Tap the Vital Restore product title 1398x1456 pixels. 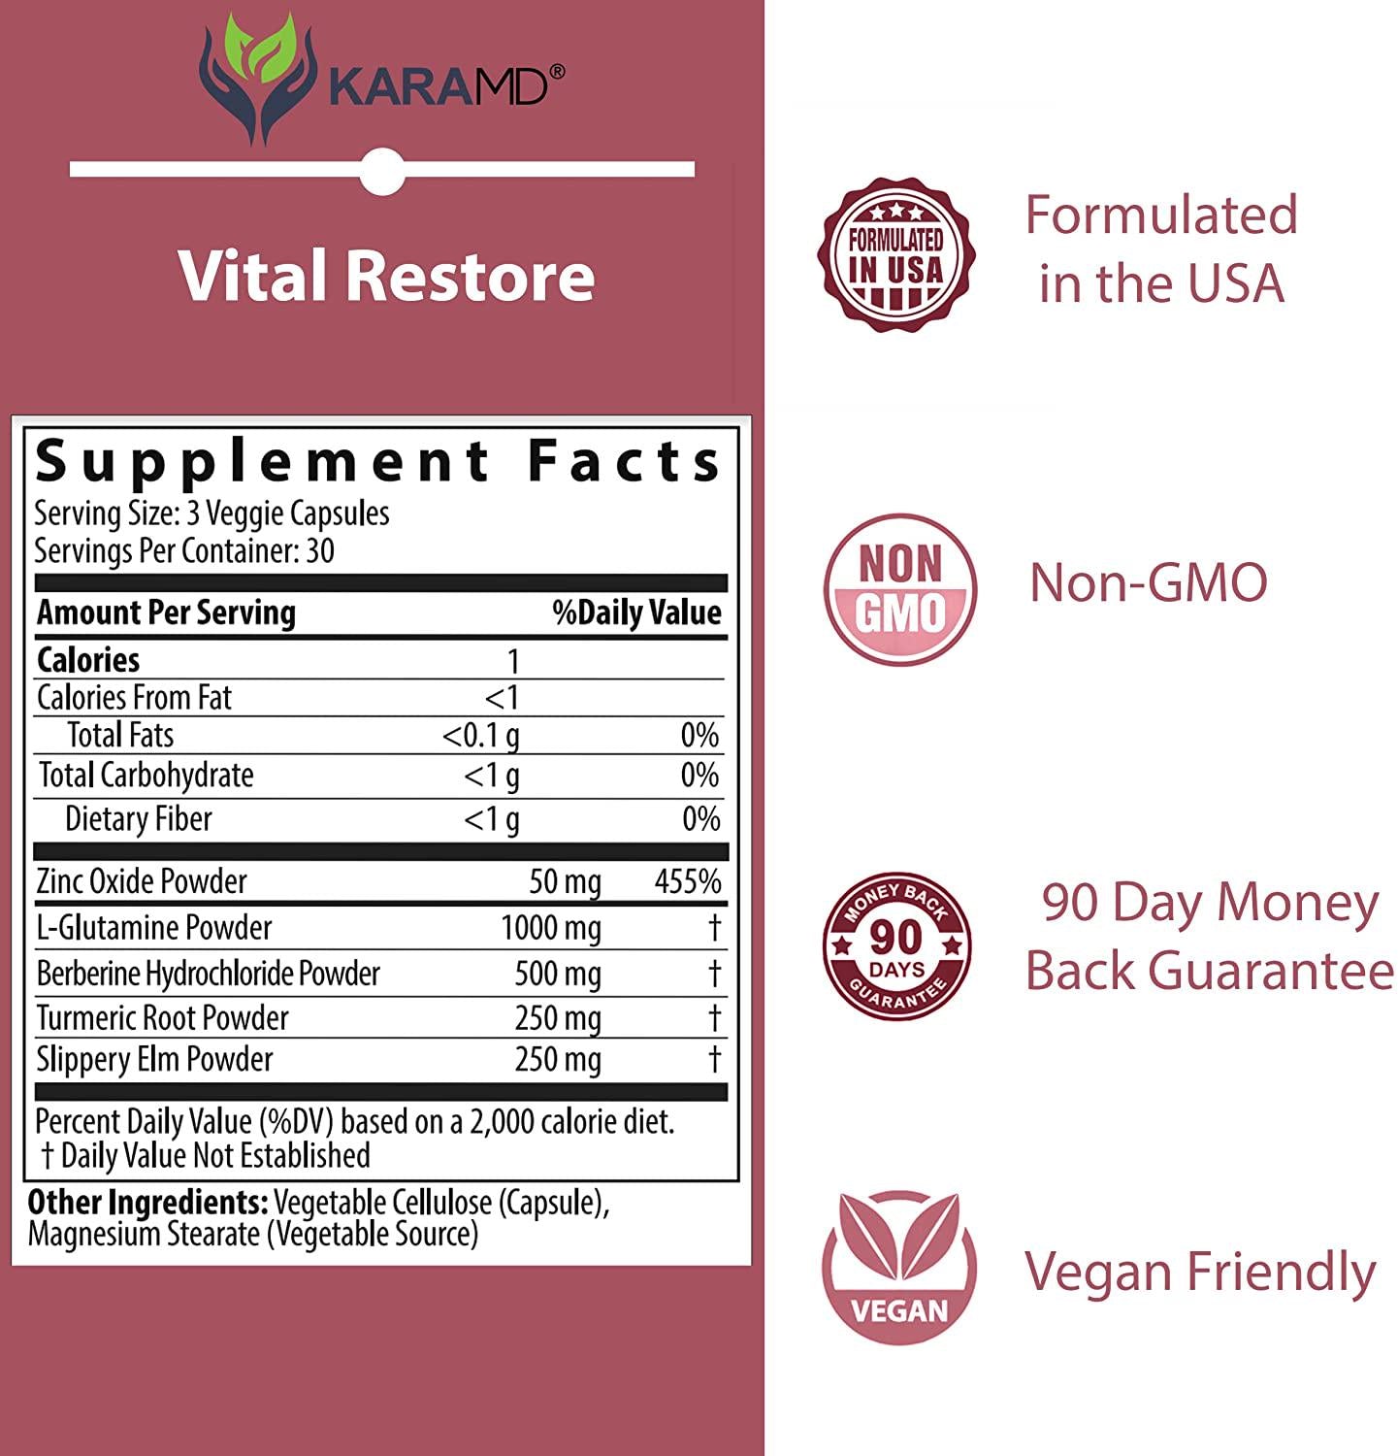pyautogui.click(x=385, y=276)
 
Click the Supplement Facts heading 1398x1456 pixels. pyautogui.click(x=378, y=461)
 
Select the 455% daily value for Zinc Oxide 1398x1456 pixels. pyautogui.click(x=687, y=881)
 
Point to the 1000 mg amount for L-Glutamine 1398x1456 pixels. pyautogui.click(x=550, y=928)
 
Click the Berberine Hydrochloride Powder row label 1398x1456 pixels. pyautogui.click(x=208, y=974)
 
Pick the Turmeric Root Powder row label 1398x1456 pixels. pyautogui.click(x=162, y=1017)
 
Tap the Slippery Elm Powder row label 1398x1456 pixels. pyautogui.click(x=154, y=1059)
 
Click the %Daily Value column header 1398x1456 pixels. pyautogui.click(x=636, y=612)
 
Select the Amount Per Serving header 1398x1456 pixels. pyautogui.click(x=166, y=612)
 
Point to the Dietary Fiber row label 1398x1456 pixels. pyautogui.click(x=138, y=819)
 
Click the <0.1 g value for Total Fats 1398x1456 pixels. pyautogui.click(x=480, y=736)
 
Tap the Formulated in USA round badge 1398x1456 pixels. pyautogui.click(x=896, y=254)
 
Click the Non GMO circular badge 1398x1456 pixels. pyautogui.click(x=899, y=589)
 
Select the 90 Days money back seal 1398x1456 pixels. pyautogui.click(x=896, y=945)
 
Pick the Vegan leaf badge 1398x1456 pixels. pyautogui.click(x=898, y=1267)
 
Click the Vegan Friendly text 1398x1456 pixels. pyautogui.click(x=1200, y=1272)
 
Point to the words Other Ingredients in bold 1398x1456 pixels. pyautogui.click(x=147, y=1203)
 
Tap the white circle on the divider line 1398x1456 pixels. pyautogui.click(x=382, y=171)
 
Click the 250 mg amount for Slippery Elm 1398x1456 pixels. pyautogui.click(x=557, y=1059)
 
